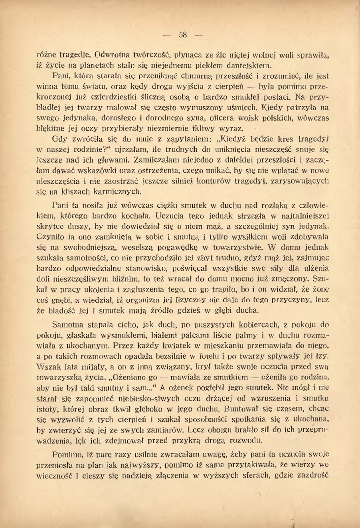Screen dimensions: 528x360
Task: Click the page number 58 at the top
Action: pyautogui.click(x=183, y=35)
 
